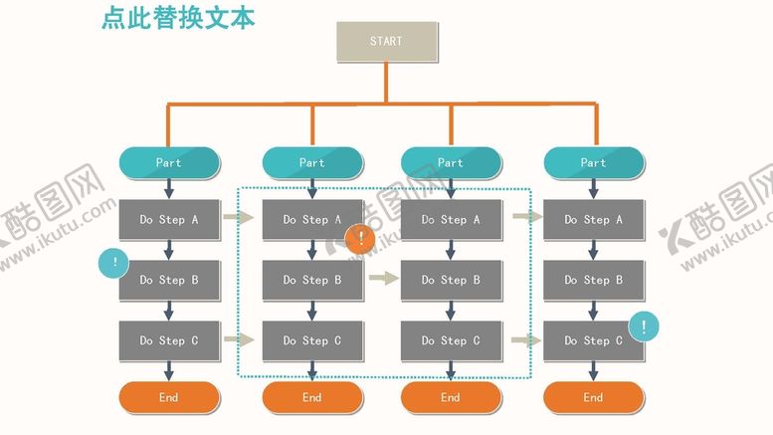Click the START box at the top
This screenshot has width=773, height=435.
click(386, 42)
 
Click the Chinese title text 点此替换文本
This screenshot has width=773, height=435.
click(178, 19)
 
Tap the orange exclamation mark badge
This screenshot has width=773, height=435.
click(359, 238)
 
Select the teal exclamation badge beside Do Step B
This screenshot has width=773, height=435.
click(115, 264)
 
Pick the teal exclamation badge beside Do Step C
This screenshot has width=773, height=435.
click(644, 326)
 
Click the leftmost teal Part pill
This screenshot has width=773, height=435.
click(169, 162)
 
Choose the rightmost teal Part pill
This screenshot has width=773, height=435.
click(593, 162)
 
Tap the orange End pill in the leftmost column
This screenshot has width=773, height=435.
click(169, 397)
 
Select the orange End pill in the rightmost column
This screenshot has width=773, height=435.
click(593, 397)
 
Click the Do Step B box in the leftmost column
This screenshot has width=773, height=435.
click(169, 281)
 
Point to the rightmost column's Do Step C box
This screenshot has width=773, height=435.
click(593, 340)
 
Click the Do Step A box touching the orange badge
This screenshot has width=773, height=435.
click(312, 220)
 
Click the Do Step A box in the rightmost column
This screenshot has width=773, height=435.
click(593, 220)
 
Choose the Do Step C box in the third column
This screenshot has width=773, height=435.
click(451, 340)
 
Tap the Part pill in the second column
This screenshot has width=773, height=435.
click(312, 162)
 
